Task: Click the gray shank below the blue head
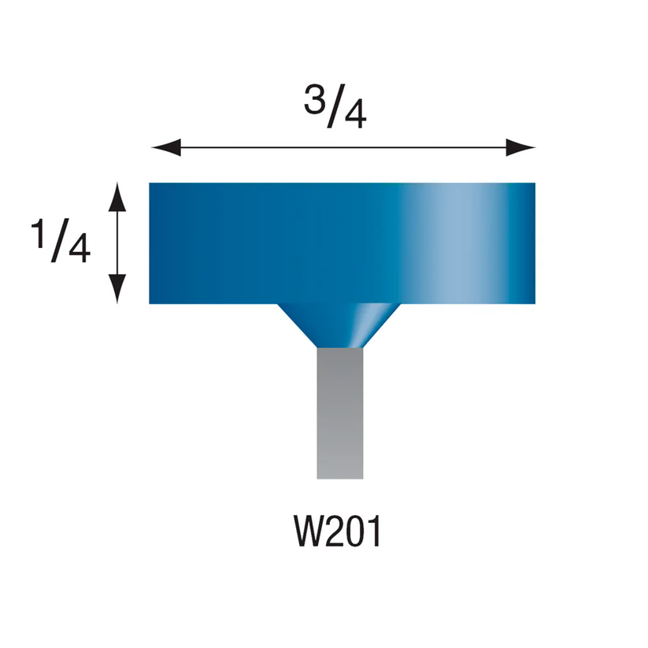click(x=339, y=413)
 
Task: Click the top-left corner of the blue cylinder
click(x=151, y=185)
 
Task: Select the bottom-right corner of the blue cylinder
click(x=534, y=302)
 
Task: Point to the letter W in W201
click(x=306, y=532)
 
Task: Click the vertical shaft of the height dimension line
click(x=117, y=243)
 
